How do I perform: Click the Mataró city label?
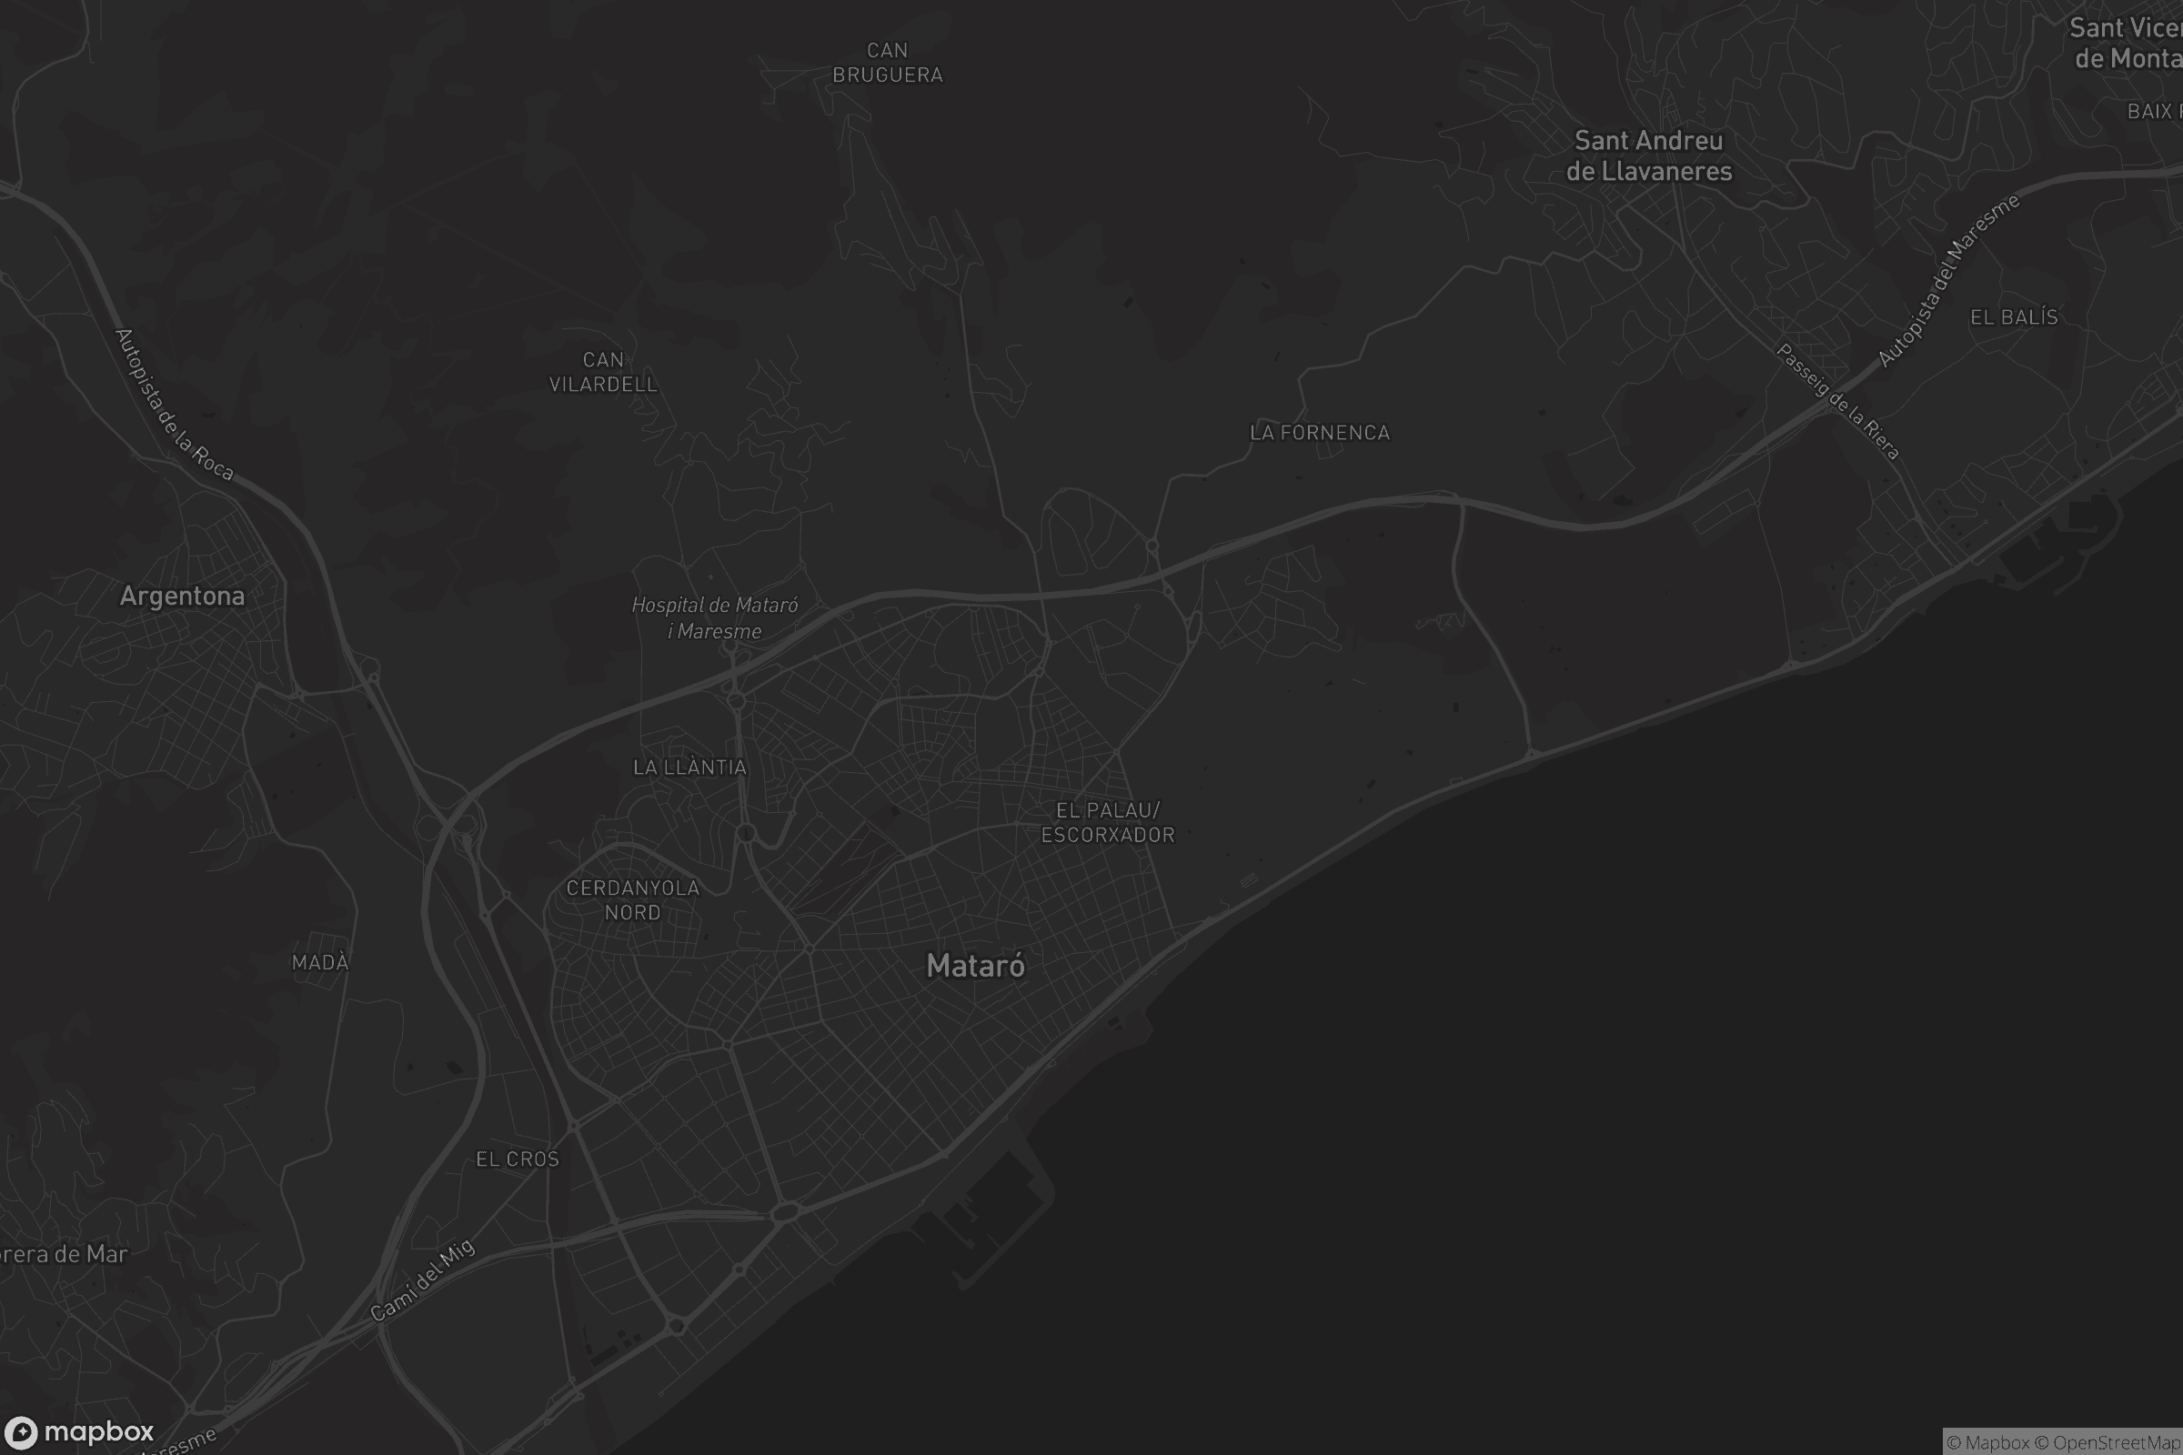975,966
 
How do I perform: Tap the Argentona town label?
182,596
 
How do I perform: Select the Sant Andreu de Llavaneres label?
1648,156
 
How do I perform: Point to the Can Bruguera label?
888,62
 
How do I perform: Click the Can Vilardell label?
603,372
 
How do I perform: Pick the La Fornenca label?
1320,433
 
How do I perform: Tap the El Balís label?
2013,317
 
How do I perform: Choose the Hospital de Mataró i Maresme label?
715,618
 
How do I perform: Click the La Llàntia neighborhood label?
689,768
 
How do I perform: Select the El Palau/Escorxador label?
1108,822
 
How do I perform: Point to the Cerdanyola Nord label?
633,900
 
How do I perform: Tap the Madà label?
320,962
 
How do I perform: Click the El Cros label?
517,1159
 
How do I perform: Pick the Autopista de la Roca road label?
174,405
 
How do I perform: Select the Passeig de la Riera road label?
1837,402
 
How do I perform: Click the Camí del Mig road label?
422,1280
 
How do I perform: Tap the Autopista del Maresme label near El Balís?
1947,280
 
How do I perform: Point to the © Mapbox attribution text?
1987,1442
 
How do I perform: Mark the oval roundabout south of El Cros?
785,1211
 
